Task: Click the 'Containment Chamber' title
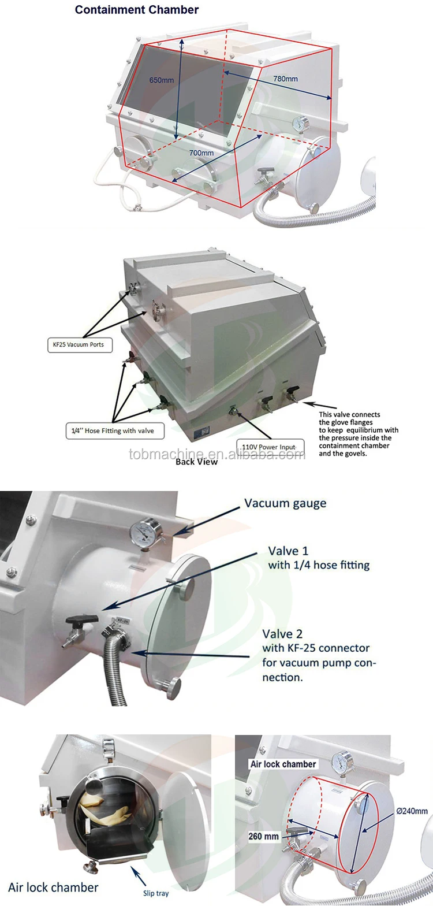click(137, 10)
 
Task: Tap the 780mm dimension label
click(285, 79)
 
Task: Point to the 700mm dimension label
click(201, 153)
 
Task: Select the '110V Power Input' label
click(270, 446)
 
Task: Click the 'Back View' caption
click(196, 462)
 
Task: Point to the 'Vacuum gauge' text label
click(285, 503)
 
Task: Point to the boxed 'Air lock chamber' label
click(283, 764)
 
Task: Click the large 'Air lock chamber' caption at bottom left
click(53, 887)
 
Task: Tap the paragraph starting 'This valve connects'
click(358, 434)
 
